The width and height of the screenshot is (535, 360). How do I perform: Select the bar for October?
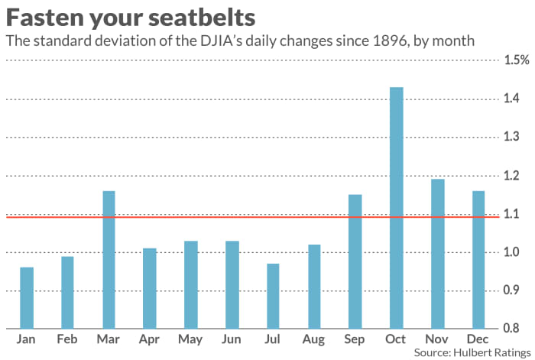click(397, 208)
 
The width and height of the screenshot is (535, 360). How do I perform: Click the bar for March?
click(109, 260)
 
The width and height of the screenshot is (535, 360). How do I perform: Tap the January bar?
click(27, 298)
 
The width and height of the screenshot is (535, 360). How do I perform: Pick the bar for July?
click(273, 297)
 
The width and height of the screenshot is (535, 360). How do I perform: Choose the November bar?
click(438, 254)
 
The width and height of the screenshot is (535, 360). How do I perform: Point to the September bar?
click(355, 261)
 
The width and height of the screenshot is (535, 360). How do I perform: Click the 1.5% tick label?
click(517, 60)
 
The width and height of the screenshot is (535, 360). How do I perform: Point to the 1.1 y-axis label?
click(511, 214)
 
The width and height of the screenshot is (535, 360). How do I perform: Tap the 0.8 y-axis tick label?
click(511, 328)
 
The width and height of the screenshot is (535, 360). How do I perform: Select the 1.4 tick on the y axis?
click(511, 99)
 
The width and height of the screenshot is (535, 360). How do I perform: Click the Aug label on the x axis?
click(313, 340)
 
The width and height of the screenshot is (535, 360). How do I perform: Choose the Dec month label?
click(478, 339)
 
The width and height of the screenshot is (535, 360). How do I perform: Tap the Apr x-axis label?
click(149, 340)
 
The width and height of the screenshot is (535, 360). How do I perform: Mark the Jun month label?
click(232, 339)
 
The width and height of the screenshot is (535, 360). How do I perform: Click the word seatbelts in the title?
click(202, 18)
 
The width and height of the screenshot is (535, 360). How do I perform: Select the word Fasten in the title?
click(44, 18)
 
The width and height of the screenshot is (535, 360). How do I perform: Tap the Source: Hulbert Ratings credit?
click(472, 353)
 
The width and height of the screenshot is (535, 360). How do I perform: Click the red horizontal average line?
click(253, 216)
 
